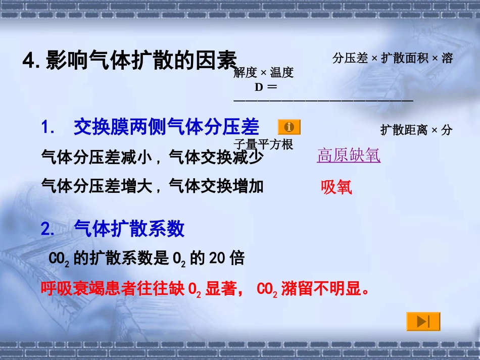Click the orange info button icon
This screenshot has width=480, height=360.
(x=289, y=127)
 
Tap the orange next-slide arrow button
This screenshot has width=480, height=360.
(x=423, y=322)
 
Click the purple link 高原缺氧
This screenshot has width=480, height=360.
(x=349, y=155)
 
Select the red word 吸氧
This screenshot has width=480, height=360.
(x=337, y=187)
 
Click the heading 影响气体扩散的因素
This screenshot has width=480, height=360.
(x=141, y=61)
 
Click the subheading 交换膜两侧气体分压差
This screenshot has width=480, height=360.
(x=166, y=127)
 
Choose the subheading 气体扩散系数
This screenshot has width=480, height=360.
(x=129, y=229)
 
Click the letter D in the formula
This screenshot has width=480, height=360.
(x=259, y=87)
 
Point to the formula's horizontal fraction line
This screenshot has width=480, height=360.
(x=323, y=100)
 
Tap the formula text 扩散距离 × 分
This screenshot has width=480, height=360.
(x=416, y=130)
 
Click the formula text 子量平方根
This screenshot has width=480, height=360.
(x=263, y=144)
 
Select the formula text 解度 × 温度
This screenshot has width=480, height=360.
(x=263, y=73)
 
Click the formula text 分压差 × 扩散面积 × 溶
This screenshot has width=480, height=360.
(x=393, y=58)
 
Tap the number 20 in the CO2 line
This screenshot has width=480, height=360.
(x=216, y=259)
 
